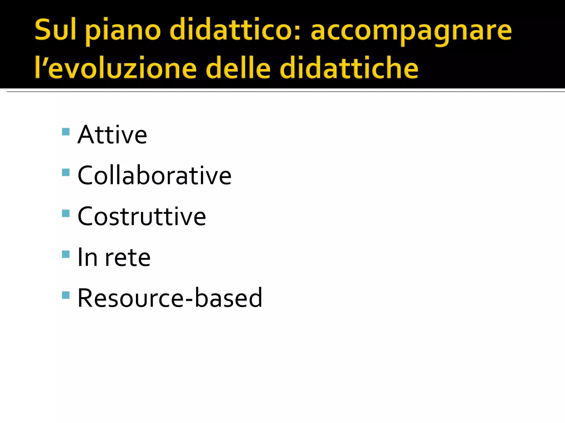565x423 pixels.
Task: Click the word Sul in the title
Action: (x=55, y=30)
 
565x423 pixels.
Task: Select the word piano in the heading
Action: (x=123, y=32)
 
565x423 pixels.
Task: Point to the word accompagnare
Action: (x=411, y=32)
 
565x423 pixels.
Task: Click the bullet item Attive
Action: (x=112, y=135)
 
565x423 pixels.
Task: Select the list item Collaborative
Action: (x=154, y=175)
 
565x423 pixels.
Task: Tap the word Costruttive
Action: (x=142, y=216)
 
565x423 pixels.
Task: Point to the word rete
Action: (x=128, y=257)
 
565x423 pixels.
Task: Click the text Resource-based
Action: (x=170, y=298)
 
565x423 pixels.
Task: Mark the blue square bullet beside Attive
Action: (x=66, y=132)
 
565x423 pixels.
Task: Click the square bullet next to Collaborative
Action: (x=66, y=172)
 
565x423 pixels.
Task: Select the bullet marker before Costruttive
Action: (x=66, y=213)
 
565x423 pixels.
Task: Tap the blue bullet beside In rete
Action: (x=66, y=254)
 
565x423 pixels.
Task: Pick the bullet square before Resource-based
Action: (x=66, y=295)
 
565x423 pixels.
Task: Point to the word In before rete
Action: (x=88, y=257)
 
